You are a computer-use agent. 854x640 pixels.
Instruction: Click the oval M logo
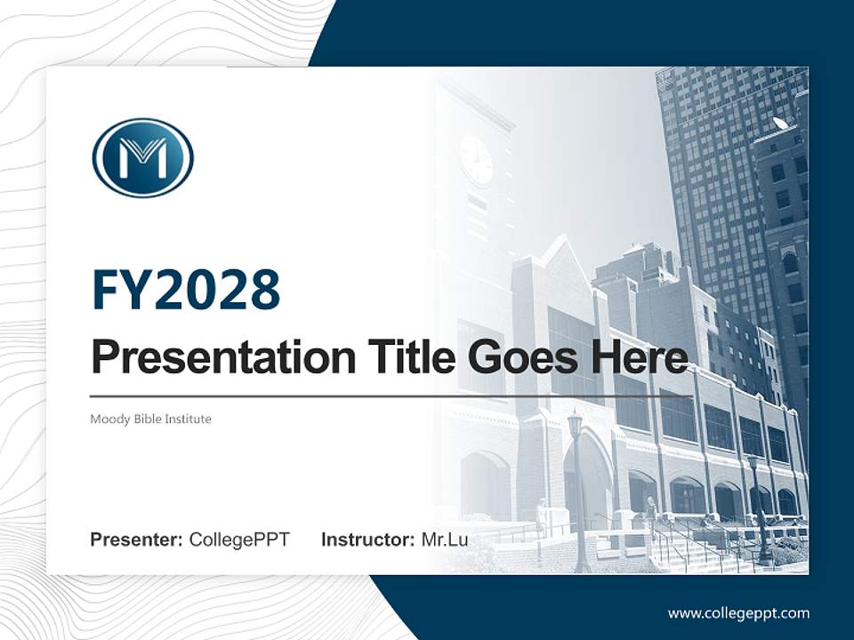click(143, 157)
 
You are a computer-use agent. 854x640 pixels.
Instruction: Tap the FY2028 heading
click(186, 289)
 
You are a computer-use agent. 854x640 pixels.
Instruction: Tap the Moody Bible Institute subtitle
click(150, 418)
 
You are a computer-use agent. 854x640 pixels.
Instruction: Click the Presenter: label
click(137, 540)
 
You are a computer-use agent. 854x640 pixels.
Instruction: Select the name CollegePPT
click(239, 540)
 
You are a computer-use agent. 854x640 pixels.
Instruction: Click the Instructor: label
click(367, 540)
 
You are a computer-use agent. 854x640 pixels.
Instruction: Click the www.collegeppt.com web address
click(738, 612)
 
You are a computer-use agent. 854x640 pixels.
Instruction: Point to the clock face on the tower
click(477, 159)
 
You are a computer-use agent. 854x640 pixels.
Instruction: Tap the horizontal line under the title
click(391, 396)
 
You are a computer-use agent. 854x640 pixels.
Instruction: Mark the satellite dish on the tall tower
click(780, 123)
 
